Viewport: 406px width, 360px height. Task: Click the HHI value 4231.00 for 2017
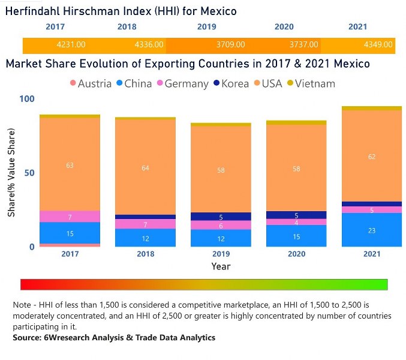pos(71,44)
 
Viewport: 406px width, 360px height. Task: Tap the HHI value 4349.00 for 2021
pos(378,44)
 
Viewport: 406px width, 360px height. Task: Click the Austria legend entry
pos(91,83)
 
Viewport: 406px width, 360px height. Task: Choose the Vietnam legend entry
pos(314,83)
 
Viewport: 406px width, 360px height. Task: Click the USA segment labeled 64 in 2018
pos(145,168)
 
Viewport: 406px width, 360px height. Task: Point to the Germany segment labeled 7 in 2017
pos(70,217)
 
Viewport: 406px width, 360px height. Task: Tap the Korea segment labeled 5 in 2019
pos(221,217)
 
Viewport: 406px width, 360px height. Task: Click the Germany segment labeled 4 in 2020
pos(296,222)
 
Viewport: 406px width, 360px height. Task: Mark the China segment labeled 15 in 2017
pos(70,233)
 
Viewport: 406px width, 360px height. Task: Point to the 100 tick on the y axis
pos(28,99)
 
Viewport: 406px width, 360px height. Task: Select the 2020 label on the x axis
pos(296,254)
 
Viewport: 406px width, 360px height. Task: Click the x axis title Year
pos(221,266)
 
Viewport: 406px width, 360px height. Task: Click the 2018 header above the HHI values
pos(127,27)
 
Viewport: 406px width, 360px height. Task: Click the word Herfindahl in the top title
pos(37,10)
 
